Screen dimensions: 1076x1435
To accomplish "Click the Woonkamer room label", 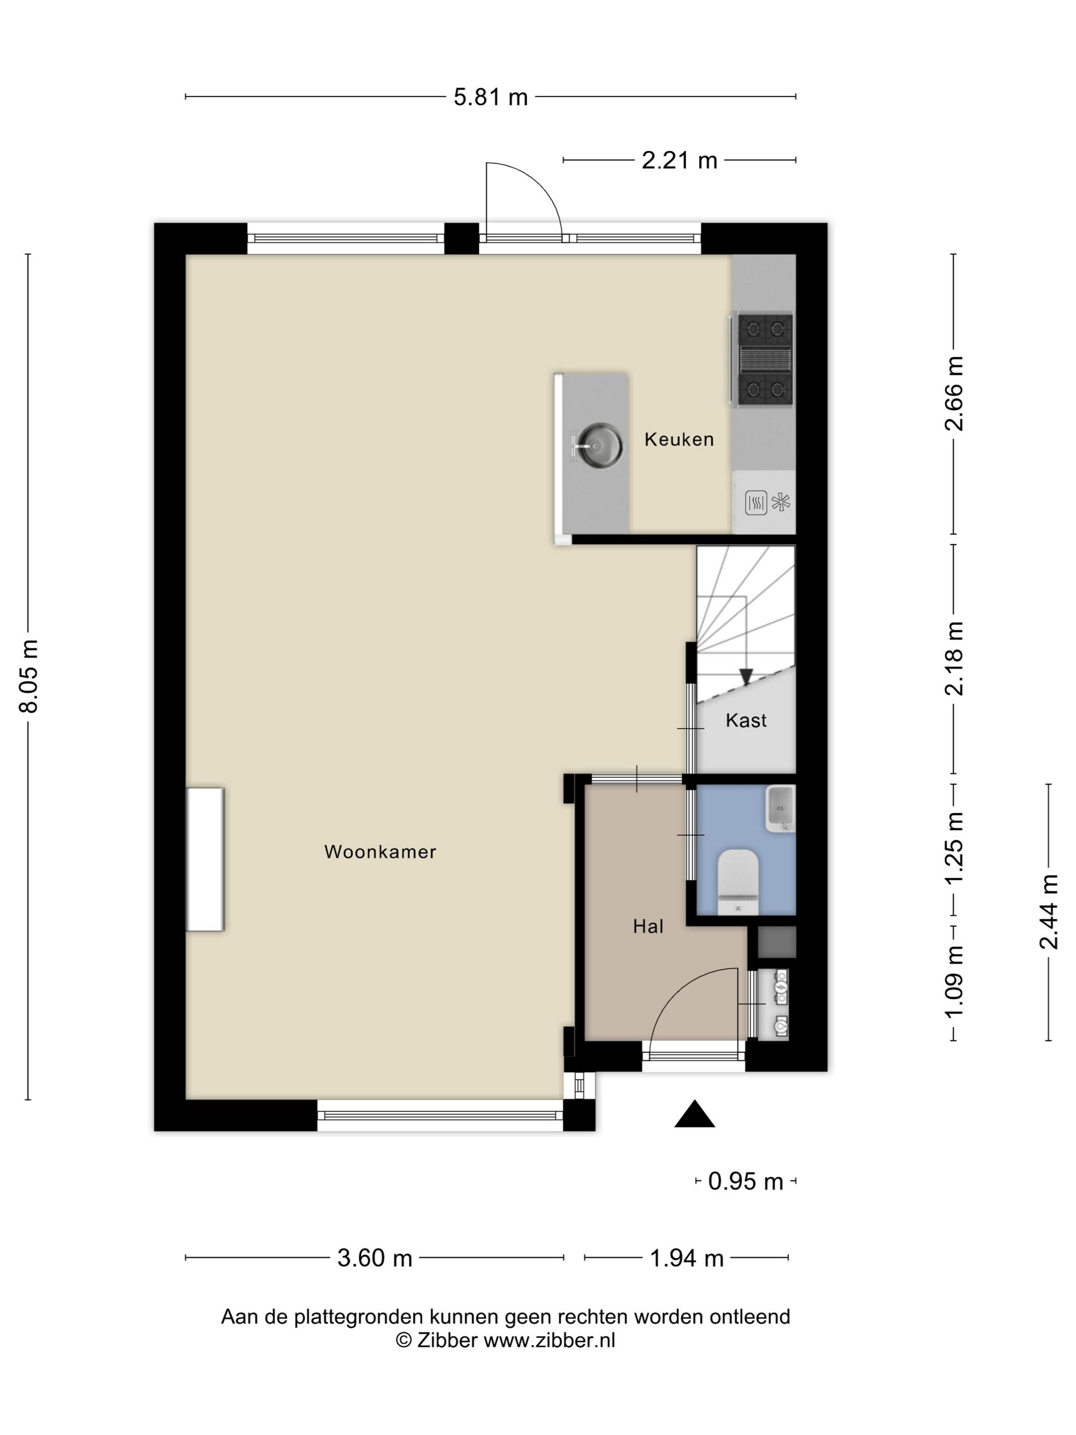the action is point(380,852).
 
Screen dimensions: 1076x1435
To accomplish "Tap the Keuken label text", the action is point(678,439).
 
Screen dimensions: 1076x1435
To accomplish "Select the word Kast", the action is point(746,720).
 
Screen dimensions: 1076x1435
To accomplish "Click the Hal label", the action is point(648,927).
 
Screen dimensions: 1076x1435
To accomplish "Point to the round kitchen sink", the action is point(600,446).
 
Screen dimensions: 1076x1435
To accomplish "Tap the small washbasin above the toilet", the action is point(780,808).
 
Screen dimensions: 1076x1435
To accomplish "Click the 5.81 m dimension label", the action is point(490,97).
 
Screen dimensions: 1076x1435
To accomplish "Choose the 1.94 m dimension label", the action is point(686,1258).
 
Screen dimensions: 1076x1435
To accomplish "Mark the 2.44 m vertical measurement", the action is point(1048,911).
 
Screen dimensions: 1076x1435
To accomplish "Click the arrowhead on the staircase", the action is point(746,676).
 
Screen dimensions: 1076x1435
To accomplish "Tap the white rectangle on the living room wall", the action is point(205,860).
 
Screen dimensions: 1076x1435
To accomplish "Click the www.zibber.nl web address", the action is point(549,1340).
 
